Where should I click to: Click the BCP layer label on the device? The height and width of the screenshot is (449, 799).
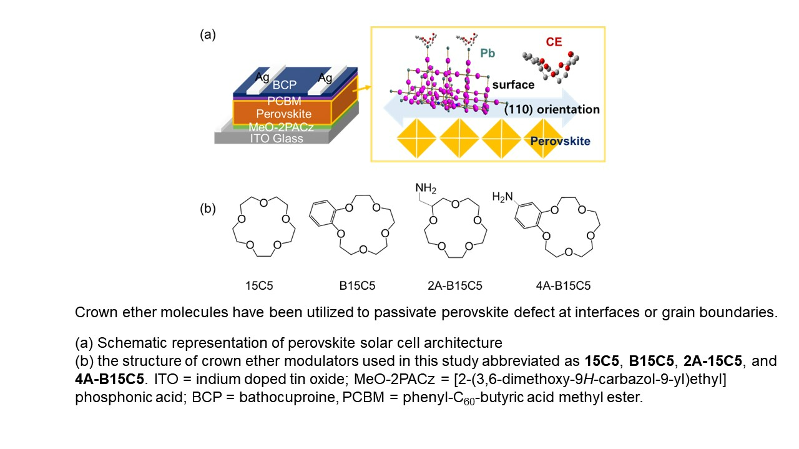[284, 84]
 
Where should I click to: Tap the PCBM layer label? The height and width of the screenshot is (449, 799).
[284, 101]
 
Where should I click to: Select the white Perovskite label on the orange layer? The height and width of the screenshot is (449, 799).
[284, 114]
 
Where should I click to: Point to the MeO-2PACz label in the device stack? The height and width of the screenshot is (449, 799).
[281, 127]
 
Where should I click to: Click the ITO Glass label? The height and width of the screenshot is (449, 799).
[277, 138]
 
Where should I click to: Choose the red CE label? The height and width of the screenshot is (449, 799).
[554, 42]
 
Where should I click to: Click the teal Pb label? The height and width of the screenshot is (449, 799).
[488, 53]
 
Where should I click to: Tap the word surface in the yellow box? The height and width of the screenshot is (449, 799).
[513, 84]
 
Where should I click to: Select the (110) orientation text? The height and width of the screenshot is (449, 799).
[552, 109]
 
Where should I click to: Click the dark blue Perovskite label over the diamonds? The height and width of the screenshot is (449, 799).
[560, 141]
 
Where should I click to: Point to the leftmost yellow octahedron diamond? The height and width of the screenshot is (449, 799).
[416, 138]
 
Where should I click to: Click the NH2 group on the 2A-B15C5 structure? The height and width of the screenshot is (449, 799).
[426, 188]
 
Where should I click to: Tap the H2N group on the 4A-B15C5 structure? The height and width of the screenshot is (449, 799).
[502, 197]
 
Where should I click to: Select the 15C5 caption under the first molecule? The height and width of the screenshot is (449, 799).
[259, 285]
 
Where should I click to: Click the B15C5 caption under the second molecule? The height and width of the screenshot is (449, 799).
[357, 285]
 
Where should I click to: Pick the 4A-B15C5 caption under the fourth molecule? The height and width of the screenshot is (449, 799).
[563, 285]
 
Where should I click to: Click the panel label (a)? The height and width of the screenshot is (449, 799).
[208, 34]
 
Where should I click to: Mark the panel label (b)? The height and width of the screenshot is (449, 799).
[208, 209]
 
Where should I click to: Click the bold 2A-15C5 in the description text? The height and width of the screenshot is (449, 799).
[713, 361]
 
